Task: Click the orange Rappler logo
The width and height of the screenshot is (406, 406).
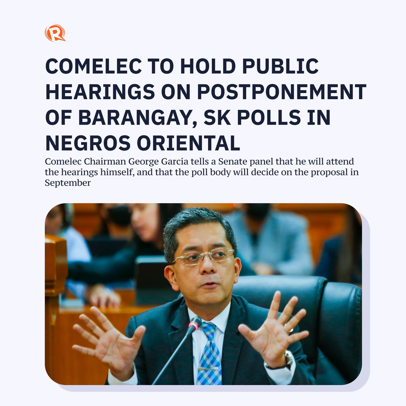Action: pos(55,33)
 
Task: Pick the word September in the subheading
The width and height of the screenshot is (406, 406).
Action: pos(68,183)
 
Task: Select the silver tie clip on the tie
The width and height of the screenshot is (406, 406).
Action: pos(208,368)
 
